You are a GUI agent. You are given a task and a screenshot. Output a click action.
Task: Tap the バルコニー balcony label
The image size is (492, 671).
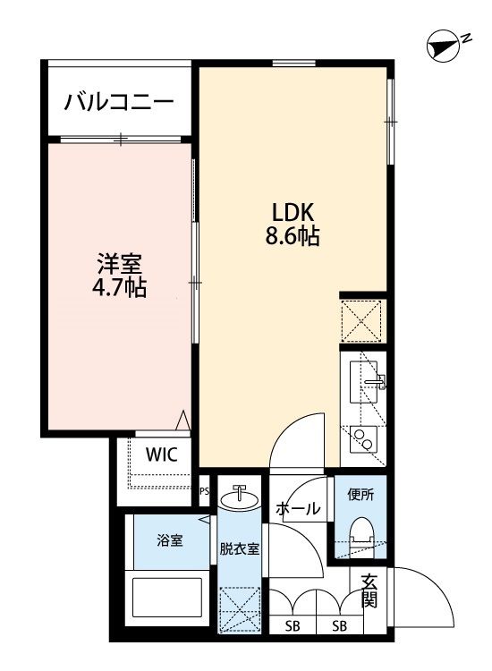118,101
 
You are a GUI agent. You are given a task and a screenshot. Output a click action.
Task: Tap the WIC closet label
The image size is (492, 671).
162,454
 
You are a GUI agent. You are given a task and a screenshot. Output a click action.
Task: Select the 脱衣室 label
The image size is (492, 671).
239,549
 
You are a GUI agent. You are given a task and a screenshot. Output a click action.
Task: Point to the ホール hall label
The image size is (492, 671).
298,509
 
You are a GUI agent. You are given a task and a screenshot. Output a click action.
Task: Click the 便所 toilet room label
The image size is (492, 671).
361,493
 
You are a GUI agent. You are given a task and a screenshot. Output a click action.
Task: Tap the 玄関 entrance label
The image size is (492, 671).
369,591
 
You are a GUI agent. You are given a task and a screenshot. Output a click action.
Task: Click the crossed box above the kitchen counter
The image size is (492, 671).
362,319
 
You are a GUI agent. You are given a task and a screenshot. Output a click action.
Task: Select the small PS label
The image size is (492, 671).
204,490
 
